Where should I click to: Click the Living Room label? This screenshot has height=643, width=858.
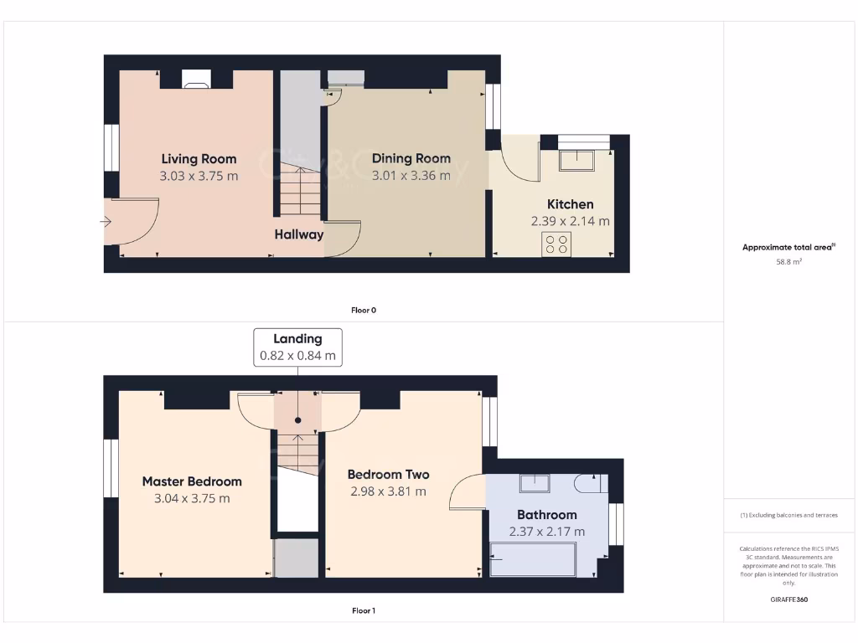coord(199,158)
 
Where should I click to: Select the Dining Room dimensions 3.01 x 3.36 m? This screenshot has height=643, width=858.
coord(411,176)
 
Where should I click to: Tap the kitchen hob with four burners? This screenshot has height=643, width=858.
coord(556,244)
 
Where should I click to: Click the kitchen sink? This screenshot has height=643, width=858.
coord(576,159)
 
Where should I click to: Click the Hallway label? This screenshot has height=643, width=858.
coord(298,234)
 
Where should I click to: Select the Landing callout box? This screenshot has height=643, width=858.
coord(297,347)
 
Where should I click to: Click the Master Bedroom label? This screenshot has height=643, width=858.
coord(192,481)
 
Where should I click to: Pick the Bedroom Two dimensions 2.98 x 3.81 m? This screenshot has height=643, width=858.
coord(388,491)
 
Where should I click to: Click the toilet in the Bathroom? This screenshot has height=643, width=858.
coord(590,483)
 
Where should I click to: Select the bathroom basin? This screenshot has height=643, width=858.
coord(533,482)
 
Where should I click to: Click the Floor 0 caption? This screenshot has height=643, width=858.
coord(364,310)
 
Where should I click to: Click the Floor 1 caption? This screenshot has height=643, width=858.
coord(364,610)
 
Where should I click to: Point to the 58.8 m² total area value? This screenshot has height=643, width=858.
coord(788,262)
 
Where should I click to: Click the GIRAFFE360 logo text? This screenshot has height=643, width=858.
coord(788,599)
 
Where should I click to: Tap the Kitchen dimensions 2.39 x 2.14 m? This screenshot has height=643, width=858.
coord(570,222)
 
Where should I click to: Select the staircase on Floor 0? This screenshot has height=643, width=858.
coord(300,192)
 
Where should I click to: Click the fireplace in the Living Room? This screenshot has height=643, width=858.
coord(196,80)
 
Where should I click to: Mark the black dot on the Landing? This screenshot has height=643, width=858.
coord(297,420)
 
